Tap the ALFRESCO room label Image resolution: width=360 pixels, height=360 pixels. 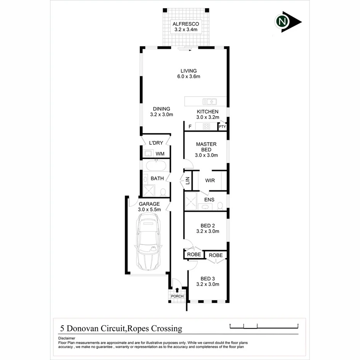pos(185,27)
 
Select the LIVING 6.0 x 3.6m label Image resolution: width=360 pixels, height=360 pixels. pos(188,73)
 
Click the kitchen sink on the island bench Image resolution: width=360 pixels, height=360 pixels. pos(211,102)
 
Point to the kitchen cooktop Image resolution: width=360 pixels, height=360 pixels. pos(206,126)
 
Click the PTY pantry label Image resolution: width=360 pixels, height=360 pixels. pos(222,127)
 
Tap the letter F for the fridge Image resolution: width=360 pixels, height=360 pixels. pos(190,127)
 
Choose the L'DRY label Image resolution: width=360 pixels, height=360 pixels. pos(156,143)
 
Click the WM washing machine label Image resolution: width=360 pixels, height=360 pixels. pos(160,154)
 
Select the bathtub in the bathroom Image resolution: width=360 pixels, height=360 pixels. pos(156,166)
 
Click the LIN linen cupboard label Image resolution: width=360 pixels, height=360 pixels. pos(188,180)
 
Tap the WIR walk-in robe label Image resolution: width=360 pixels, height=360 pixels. pos(210,180)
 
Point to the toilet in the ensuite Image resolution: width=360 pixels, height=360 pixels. pos(220,205)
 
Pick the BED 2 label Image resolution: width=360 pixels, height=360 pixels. pos(208,228)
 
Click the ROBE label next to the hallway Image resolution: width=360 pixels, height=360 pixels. pos(194,255)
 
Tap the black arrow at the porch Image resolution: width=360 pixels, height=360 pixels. pos(177,289)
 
